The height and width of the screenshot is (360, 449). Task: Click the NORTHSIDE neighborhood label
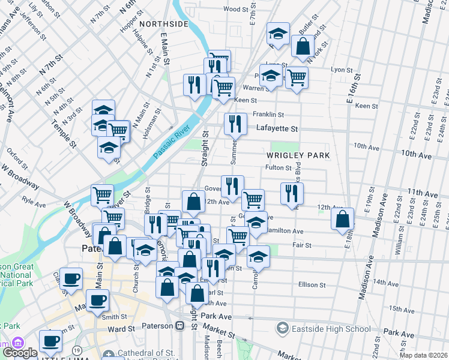(164, 24)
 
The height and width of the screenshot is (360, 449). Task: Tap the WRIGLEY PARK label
(298, 155)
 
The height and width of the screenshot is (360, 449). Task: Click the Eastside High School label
(324, 328)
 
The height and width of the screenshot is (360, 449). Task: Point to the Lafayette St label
(277, 128)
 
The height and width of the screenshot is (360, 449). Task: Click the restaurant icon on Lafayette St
(235, 124)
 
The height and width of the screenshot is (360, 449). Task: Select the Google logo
(20, 353)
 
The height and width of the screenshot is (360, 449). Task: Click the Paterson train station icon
(179, 325)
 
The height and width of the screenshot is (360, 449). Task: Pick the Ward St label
(121, 329)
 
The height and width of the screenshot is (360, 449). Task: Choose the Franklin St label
(268, 114)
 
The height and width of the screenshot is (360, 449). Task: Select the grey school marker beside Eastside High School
(282, 328)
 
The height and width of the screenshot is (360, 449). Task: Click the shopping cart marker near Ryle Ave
(103, 194)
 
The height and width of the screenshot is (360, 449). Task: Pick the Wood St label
(235, 9)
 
